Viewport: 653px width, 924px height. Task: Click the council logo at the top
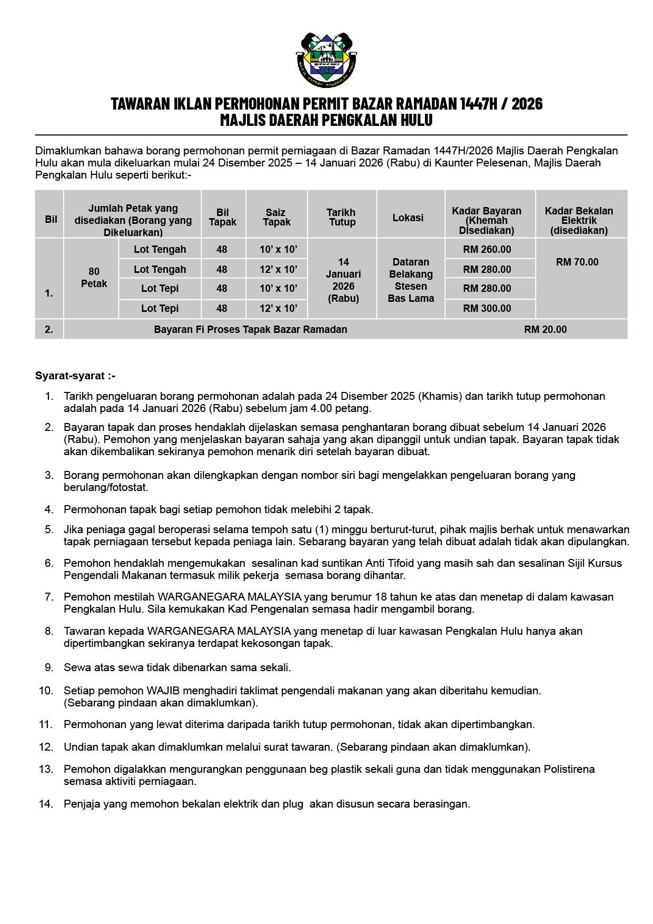click(x=326, y=60)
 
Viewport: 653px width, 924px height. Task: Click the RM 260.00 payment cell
click(x=487, y=249)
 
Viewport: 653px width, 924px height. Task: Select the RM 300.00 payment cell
click(x=487, y=308)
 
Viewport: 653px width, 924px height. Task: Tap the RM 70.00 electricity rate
click(x=577, y=262)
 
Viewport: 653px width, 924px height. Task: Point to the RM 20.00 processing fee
click(x=545, y=329)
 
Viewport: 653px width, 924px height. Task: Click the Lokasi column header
click(x=408, y=218)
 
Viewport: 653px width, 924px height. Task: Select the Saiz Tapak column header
click(x=276, y=217)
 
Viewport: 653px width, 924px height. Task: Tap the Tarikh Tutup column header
click(x=342, y=217)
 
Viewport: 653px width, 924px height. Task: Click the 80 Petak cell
click(x=94, y=278)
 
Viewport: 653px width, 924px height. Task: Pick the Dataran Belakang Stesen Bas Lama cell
click(x=411, y=280)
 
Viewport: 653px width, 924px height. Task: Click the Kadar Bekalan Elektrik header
click(x=579, y=220)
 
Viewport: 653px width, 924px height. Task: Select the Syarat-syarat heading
click(x=75, y=376)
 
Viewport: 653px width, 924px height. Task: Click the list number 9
click(x=49, y=667)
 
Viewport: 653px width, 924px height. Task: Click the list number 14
click(x=46, y=804)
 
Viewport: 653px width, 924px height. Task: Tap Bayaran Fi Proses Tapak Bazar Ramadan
click(x=250, y=329)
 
